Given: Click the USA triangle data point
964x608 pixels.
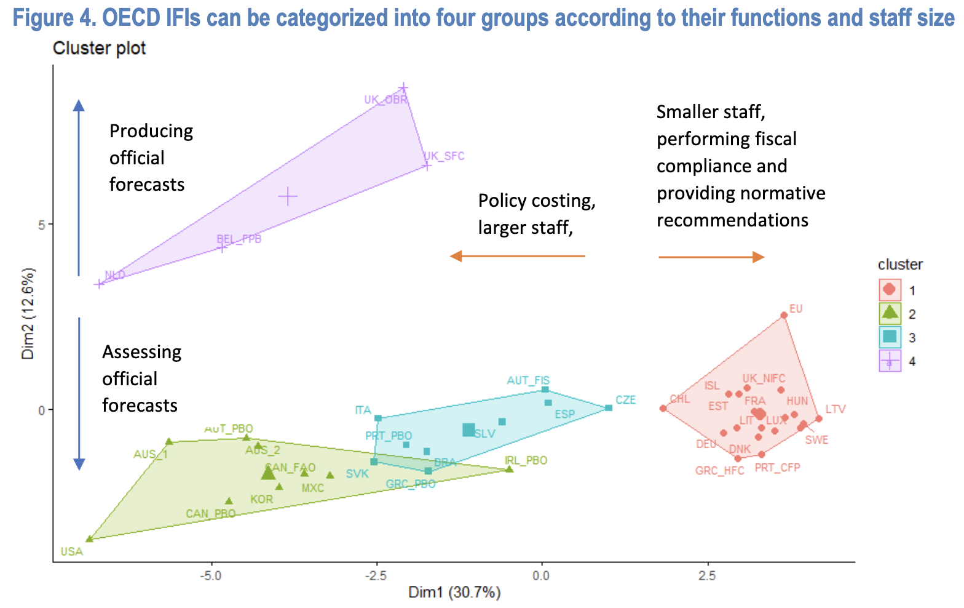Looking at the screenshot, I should tap(90, 539).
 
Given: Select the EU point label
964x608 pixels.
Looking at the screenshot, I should tap(796, 309).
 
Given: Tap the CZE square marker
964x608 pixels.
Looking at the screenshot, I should tap(609, 408).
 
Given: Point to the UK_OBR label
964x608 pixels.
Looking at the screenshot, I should tap(385, 100).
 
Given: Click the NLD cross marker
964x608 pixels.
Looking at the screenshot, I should tap(99, 284).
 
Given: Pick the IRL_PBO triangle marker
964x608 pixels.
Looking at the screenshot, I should tap(509, 470).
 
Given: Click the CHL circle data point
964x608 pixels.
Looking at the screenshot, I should tap(663, 409).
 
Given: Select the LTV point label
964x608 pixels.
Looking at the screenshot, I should tap(836, 409).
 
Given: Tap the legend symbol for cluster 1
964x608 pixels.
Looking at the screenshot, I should tap(889, 290).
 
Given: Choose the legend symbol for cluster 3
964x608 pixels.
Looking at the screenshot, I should tap(889, 337).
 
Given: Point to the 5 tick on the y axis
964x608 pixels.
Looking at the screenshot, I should tap(41, 225).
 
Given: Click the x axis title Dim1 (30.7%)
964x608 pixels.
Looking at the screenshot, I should tap(454, 593).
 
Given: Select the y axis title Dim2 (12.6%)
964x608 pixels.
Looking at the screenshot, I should tap(28, 314).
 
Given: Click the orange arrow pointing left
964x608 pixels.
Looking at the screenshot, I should tap(517, 256).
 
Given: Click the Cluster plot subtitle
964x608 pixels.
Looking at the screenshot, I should tap(100, 48).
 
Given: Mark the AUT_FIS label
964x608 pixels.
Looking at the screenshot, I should tap(528, 380).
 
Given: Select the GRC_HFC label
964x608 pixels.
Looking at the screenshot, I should tap(719, 471).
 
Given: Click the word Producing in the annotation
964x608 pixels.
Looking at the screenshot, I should tap(151, 131).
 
